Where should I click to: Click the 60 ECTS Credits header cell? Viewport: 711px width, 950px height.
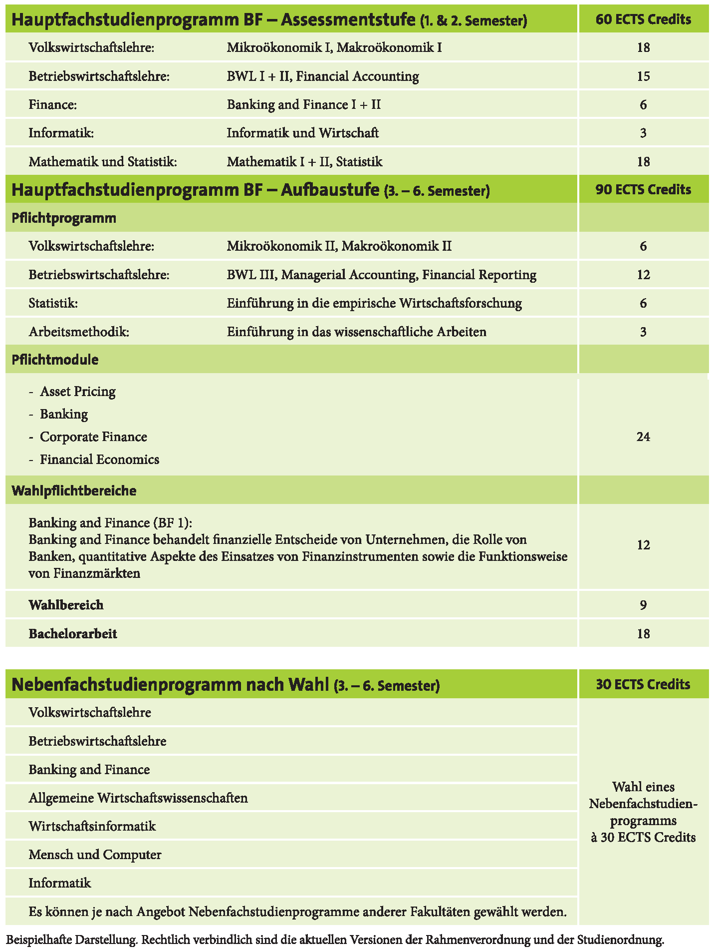tap(643, 19)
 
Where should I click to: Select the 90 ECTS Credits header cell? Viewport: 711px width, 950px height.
tap(643, 190)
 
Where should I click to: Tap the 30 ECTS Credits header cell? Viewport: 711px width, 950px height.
tap(643, 684)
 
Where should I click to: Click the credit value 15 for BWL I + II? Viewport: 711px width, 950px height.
tap(643, 76)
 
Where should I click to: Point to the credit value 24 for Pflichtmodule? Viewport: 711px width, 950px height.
tap(643, 437)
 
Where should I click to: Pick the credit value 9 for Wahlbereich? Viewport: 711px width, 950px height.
tap(643, 605)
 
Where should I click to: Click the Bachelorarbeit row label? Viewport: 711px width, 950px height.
tap(73, 634)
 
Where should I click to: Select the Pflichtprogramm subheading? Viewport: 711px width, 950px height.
tap(64, 218)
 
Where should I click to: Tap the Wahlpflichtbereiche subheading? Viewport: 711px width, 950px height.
tap(74, 490)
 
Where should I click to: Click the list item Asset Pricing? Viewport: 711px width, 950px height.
tap(78, 392)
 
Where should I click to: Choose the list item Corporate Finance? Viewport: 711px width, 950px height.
tap(93, 437)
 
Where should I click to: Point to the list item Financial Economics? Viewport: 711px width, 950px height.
tap(99, 460)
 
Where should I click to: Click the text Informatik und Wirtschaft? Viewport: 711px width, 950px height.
tap(303, 133)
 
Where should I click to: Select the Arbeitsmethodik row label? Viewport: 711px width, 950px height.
tap(79, 332)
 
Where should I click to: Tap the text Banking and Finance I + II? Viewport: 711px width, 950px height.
tap(304, 104)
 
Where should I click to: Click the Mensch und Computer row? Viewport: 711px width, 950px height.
tap(95, 855)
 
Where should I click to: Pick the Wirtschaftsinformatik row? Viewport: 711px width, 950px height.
tap(92, 826)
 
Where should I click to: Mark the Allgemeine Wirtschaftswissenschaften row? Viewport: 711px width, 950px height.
tap(138, 798)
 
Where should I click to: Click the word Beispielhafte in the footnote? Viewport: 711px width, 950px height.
tap(38, 940)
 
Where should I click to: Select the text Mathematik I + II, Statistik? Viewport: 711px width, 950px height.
tap(305, 162)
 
